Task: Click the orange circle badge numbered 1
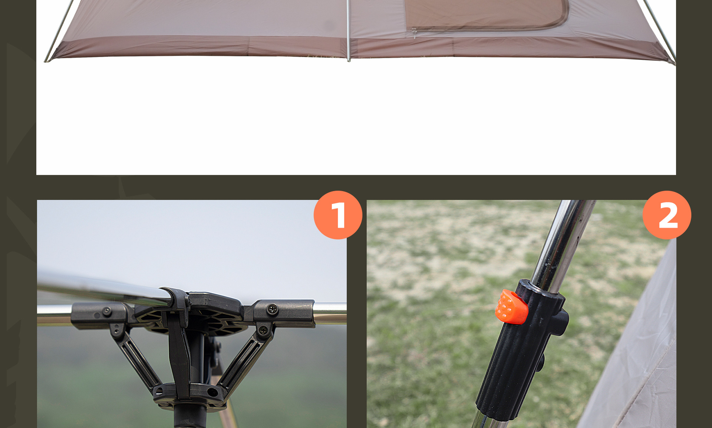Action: [x=338, y=215]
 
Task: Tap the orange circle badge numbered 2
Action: [x=667, y=215]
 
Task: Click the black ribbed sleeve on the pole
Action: [x=519, y=352]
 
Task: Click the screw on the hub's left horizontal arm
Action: [x=107, y=312]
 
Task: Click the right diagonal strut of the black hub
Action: [x=243, y=359]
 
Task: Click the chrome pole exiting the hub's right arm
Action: [x=330, y=313]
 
